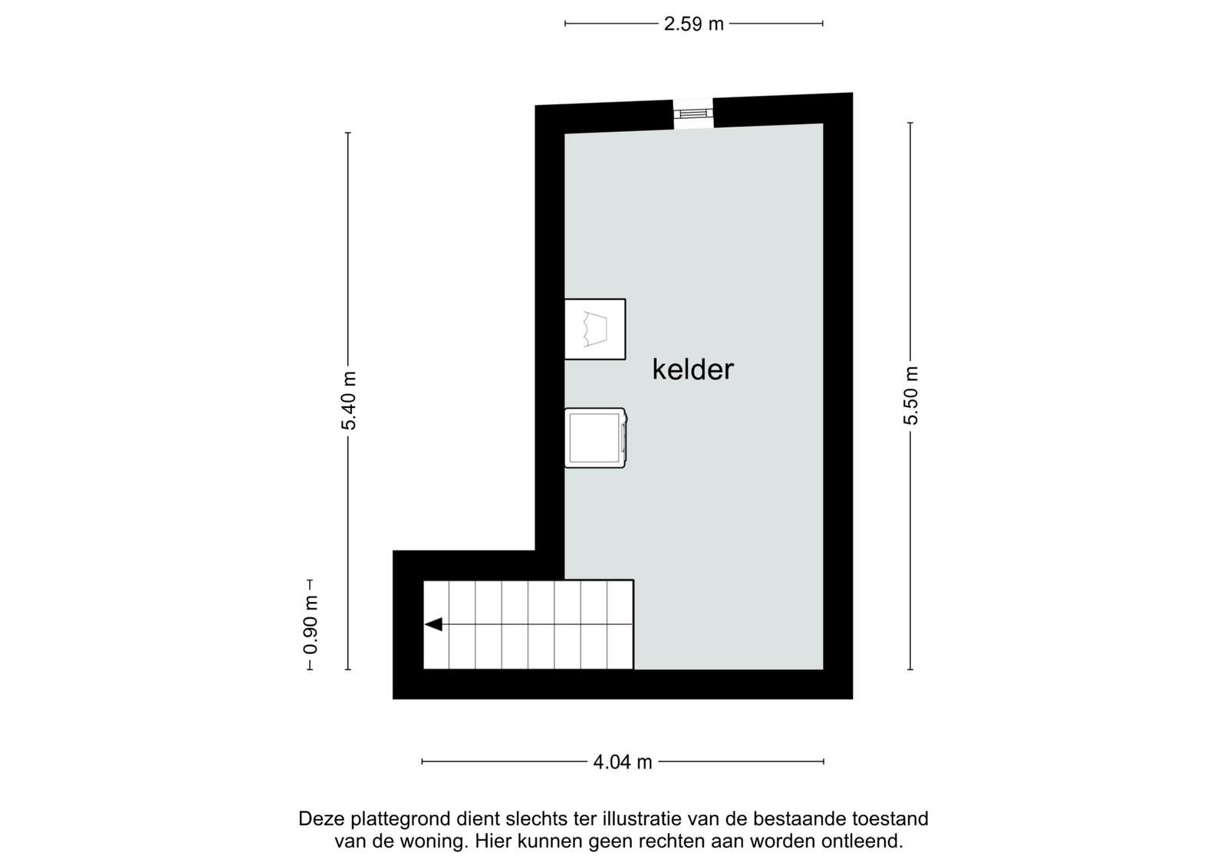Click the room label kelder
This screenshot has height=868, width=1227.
[692, 369]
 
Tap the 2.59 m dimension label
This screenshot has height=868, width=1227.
[693, 24]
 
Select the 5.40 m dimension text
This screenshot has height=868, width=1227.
[349, 400]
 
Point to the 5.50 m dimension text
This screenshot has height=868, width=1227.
[910, 396]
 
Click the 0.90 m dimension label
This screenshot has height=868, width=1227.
[311, 625]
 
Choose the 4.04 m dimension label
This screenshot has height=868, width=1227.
[623, 761]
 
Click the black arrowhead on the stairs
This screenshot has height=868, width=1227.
[434, 624]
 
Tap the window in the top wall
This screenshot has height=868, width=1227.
[693, 114]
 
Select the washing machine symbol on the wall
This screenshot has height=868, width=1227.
[595, 438]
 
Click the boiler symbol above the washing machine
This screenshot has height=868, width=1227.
[595, 329]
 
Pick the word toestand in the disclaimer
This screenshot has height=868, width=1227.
[890, 819]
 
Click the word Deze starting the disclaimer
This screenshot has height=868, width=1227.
[321, 819]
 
